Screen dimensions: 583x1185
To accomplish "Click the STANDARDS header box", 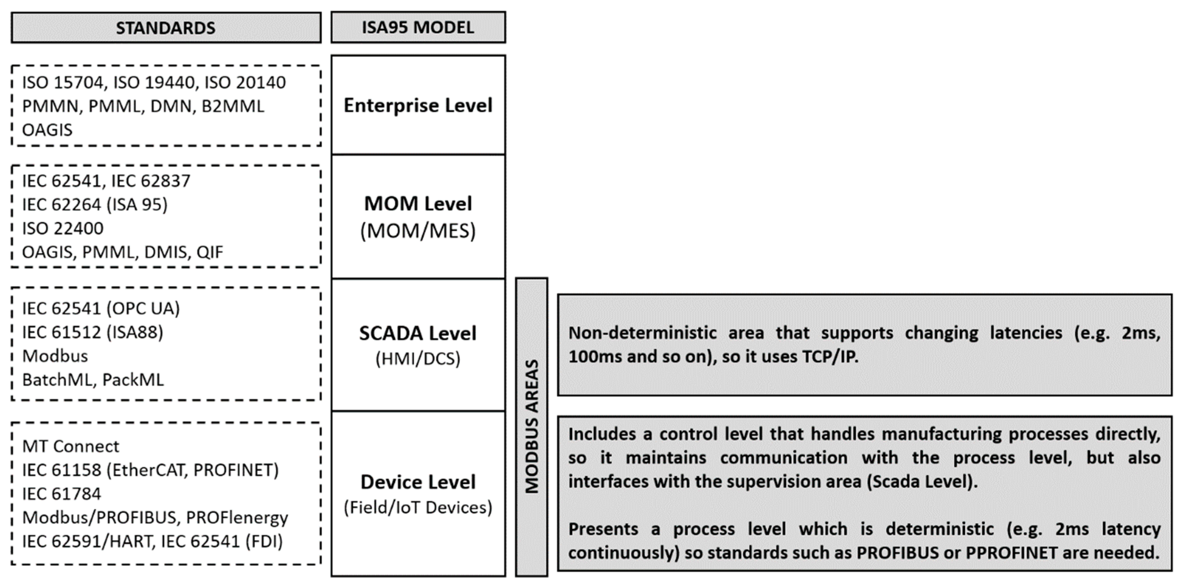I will coord(165,28).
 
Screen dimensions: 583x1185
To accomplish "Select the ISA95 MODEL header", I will coord(418,28).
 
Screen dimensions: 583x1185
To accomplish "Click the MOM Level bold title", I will coord(418,204).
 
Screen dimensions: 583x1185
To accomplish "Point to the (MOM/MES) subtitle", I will coord(418,231).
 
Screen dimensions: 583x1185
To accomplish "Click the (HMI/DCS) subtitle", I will coord(418,359).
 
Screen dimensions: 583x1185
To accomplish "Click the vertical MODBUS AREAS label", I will coord(532,427).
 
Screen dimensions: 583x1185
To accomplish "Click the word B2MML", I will coord(233,107).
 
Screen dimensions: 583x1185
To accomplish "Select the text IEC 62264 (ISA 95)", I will coord(95,205).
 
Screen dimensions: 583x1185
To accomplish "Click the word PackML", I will coord(133,380).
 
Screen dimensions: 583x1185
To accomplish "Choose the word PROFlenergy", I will coord(237,518).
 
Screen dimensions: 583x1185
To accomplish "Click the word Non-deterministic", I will coord(642,333).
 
